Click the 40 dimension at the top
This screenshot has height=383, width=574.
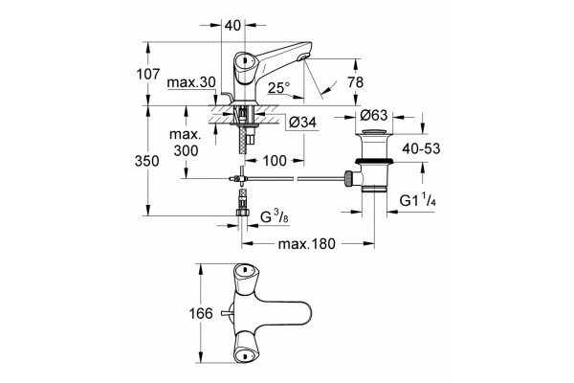(232, 25)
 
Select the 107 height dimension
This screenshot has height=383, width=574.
(148, 74)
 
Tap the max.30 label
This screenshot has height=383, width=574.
(191, 83)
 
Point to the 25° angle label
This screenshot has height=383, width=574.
(278, 87)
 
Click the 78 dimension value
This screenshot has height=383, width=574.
(356, 82)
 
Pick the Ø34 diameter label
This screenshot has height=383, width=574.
(302, 122)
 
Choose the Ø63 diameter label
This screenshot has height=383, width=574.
(373, 115)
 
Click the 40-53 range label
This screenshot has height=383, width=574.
(421, 148)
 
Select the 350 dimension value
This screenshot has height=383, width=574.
(146, 161)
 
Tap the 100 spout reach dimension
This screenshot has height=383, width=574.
(275, 160)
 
